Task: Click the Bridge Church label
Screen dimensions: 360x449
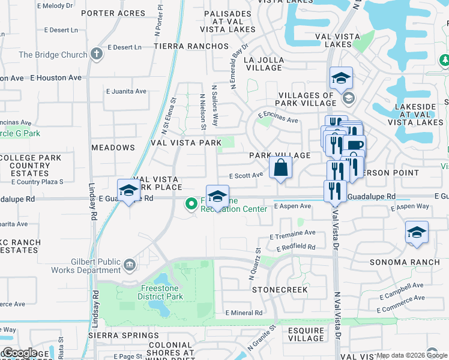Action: [x=53, y=55]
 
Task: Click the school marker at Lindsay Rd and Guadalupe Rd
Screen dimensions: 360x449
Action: [x=128, y=191]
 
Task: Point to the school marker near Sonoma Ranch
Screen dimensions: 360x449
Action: [x=417, y=233]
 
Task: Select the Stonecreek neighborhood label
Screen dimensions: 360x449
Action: [x=280, y=290]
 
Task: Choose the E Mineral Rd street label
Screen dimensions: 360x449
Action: [x=244, y=313]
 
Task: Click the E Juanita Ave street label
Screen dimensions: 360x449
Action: [x=126, y=91]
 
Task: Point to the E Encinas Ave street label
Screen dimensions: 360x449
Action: [x=278, y=117]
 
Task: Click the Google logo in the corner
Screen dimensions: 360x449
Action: [x=20, y=353]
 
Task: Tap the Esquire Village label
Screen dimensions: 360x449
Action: [x=306, y=334]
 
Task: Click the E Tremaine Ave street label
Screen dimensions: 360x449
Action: [x=292, y=233]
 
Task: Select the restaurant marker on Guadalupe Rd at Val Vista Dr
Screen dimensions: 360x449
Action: [x=334, y=191]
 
